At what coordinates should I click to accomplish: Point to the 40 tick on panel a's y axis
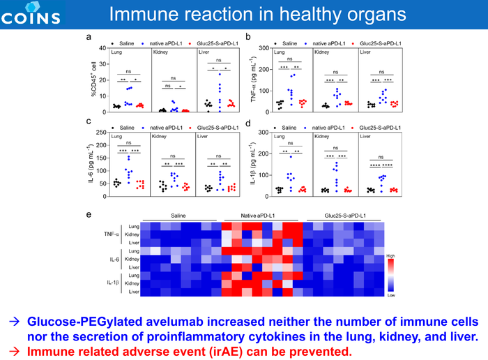(102, 48)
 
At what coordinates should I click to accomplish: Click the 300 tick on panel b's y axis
(261, 48)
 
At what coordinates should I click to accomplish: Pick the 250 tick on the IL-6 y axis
(101, 132)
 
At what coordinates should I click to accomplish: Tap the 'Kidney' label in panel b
(322, 52)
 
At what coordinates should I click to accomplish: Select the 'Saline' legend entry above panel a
(126, 42)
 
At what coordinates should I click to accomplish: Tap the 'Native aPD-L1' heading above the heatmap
(259, 216)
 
